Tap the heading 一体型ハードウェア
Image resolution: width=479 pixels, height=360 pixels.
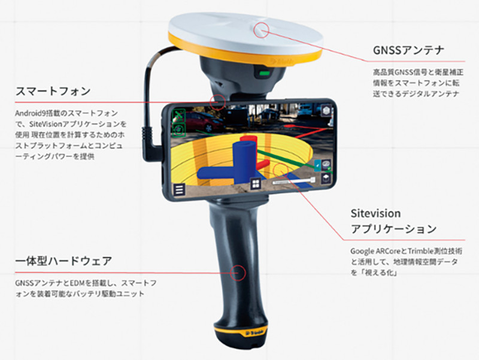point(63,262)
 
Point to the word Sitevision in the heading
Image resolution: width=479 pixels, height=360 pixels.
point(375,213)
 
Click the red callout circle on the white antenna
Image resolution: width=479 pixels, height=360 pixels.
point(262,29)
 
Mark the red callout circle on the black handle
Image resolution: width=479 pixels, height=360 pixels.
point(238,272)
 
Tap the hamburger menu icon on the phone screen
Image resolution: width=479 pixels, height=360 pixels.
point(178,189)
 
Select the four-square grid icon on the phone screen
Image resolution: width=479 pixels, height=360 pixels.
point(254,184)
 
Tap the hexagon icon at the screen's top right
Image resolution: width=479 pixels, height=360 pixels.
point(326,111)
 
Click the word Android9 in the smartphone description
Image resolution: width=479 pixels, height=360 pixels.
point(31,112)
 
